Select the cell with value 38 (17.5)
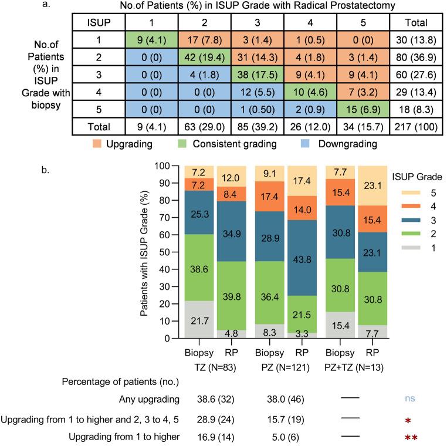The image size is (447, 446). (256, 76)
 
